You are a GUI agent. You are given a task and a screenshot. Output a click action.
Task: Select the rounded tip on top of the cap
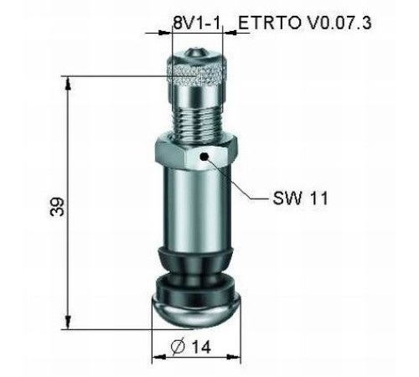click(x=196, y=52)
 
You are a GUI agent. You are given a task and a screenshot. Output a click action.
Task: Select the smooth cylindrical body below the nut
click(x=196, y=209)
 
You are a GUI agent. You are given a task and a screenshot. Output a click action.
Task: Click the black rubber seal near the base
click(x=196, y=268)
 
